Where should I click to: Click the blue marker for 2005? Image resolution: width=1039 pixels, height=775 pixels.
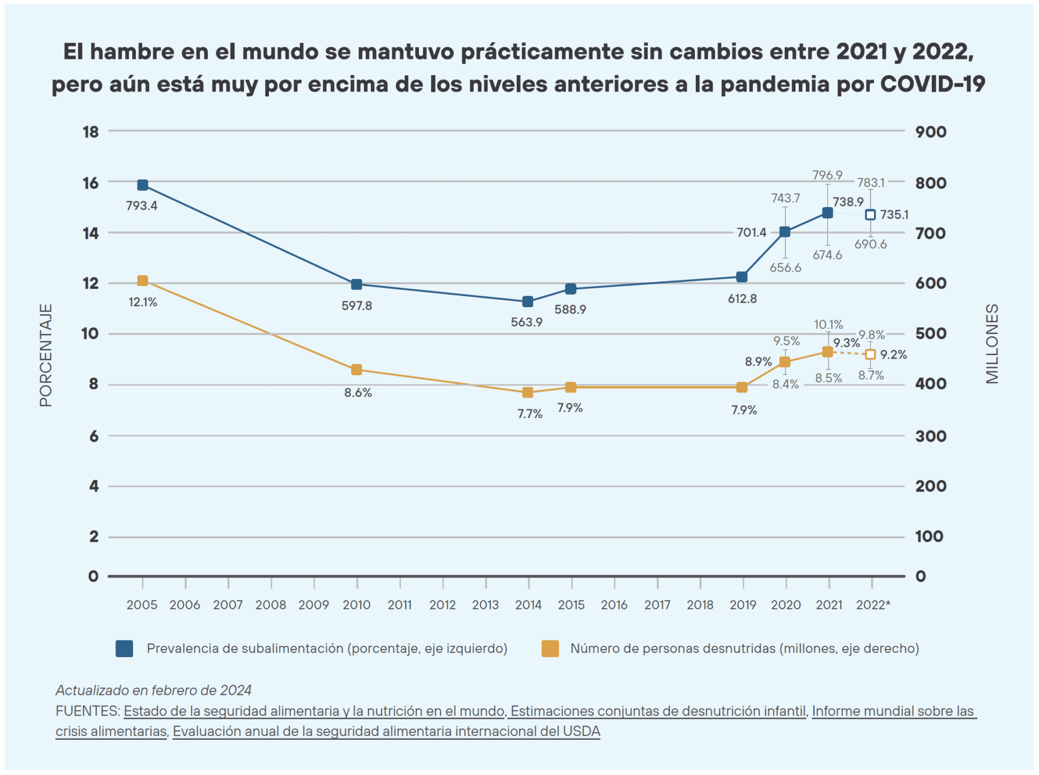coord(143,185)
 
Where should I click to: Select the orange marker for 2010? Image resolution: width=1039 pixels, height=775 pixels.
coord(357,370)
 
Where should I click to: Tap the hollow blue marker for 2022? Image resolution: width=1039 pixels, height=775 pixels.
coord(870,215)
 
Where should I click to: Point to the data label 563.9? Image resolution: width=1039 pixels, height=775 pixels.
coord(527,322)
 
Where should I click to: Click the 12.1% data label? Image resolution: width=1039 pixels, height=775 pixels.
coord(143,302)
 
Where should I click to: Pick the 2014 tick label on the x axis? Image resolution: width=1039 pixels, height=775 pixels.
coord(528,605)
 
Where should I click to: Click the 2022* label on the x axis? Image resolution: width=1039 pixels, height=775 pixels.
coord(873,605)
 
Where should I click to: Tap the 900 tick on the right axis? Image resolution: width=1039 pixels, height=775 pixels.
coord(931,132)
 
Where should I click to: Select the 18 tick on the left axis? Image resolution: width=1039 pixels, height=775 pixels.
coord(91,132)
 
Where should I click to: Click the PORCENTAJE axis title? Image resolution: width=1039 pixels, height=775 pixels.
coord(46,355)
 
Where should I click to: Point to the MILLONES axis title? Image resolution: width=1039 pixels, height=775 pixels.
coord(992,344)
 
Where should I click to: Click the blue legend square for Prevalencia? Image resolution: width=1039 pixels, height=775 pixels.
coord(124,648)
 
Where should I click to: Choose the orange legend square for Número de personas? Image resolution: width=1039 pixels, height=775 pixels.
coord(550,648)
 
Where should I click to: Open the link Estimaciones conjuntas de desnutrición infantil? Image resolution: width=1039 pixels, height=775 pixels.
coord(658,711)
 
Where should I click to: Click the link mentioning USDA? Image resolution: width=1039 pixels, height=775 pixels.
coord(386,731)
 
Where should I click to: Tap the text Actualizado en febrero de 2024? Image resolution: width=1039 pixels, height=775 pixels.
coord(154,690)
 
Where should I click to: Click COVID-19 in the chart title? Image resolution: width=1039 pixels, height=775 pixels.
coord(932,84)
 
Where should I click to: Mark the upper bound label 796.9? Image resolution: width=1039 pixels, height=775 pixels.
coord(827,175)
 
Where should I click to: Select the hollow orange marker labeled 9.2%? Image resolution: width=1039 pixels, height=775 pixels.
coord(870,355)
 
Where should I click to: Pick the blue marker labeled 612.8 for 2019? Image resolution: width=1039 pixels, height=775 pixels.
coord(742,277)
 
